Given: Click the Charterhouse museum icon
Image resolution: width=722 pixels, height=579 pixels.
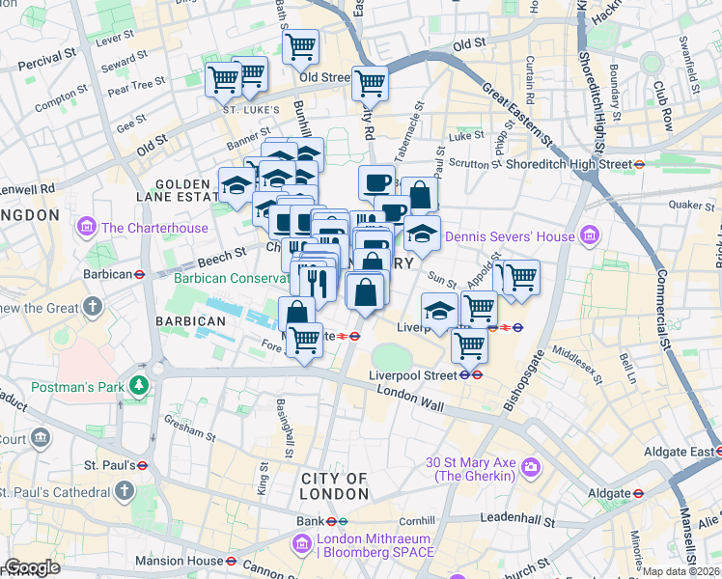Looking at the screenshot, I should [88, 228].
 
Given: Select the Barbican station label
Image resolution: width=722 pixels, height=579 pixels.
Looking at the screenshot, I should [106, 274].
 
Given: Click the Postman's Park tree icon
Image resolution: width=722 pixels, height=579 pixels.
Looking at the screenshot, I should [140, 387].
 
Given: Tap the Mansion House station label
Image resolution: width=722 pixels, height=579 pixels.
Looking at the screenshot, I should [178, 560].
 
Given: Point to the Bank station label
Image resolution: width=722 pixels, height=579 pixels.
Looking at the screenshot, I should [309, 522].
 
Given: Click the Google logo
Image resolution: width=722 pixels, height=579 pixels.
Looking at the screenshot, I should [32, 567].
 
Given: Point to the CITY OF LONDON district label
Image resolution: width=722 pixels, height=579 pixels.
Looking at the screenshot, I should [334, 486].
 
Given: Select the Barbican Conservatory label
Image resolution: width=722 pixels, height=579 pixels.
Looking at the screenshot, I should [232, 278].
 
